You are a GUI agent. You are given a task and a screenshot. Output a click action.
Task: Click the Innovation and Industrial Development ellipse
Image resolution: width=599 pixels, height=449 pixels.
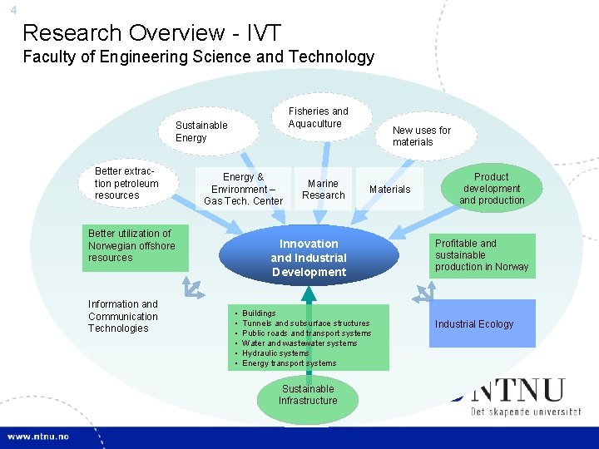(x=309, y=258)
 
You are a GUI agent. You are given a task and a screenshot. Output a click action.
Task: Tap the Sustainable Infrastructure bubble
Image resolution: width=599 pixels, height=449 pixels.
(x=308, y=395)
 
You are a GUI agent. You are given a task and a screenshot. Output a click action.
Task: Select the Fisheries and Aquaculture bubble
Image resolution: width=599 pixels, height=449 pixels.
(x=318, y=117)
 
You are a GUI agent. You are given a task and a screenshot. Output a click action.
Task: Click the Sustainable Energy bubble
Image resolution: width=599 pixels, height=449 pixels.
(x=201, y=131)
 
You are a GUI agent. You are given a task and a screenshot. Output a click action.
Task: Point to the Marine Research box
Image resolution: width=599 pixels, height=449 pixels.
(x=323, y=190)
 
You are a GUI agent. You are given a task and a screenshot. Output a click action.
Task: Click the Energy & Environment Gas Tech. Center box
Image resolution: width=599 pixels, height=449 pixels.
(x=243, y=189)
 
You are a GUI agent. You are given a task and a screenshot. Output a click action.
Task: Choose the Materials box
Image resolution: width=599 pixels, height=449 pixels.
(x=389, y=190)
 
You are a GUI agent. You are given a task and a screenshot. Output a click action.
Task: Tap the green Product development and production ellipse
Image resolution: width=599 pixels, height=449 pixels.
(x=493, y=189)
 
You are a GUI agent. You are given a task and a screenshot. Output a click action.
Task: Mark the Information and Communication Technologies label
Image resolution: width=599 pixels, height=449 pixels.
(x=123, y=316)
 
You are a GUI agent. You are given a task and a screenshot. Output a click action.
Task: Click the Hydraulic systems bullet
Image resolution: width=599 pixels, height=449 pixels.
(x=275, y=353)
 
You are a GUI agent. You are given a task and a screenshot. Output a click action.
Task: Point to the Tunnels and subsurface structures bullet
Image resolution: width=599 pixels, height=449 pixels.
(x=305, y=323)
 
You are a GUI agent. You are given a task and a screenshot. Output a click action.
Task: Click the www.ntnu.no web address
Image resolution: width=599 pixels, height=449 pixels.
(x=38, y=437)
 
